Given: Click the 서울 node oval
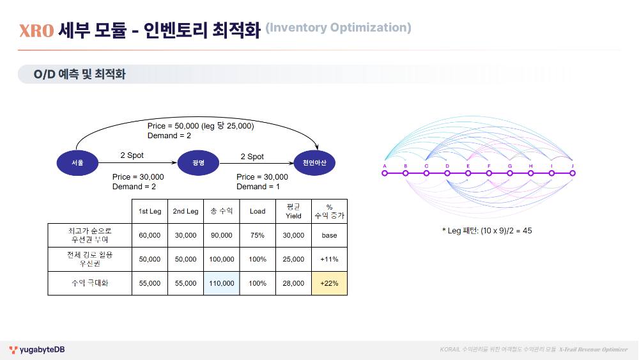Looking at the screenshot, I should click(77, 163).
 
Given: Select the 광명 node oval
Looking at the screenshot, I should click(198, 163).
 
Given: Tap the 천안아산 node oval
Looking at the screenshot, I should click(314, 163).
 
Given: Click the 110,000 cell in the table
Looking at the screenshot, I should click(221, 283).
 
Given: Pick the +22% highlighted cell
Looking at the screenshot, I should click(329, 283).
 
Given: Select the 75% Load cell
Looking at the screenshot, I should click(258, 235).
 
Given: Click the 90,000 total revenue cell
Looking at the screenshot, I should click(221, 235).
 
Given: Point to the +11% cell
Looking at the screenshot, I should click(329, 260).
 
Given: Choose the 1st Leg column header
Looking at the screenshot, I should click(150, 211).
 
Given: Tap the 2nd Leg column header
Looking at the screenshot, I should click(185, 211).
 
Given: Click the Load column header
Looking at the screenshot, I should click(258, 211).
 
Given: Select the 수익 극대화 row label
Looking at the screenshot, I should click(89, 283).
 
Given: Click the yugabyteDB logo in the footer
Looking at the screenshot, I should click(37, 350).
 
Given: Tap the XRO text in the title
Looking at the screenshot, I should click(36, 30).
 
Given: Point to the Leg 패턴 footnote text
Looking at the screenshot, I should click(486, 230).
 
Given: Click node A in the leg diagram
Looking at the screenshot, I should click(385, 173).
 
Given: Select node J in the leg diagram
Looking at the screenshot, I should click(573, 173).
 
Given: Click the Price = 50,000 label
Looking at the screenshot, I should click(200, 126).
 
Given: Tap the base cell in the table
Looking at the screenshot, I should click(329, 235).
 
